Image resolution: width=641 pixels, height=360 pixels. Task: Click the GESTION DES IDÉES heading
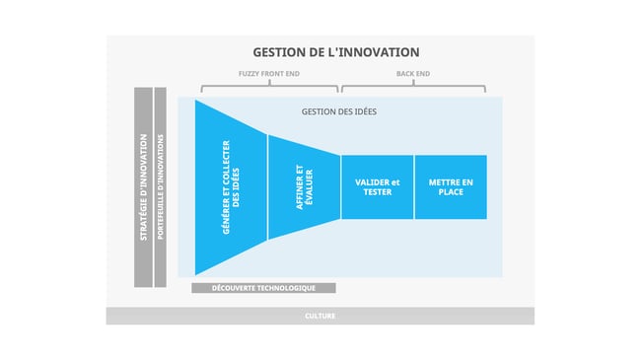[x=338, y=111]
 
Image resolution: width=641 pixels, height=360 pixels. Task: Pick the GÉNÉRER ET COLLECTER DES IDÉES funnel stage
[x=231, y=186]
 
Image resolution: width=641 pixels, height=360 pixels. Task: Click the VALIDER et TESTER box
[x=377, y=186]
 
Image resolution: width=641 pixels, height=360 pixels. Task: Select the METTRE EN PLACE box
[x=450, y=186]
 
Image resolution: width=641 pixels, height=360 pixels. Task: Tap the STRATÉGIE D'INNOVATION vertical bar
[x=143, y=187]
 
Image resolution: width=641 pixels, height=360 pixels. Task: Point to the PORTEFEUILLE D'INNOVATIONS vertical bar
[x=160, y=187]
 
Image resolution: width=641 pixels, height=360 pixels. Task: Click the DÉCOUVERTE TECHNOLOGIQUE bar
[x=263, y=288]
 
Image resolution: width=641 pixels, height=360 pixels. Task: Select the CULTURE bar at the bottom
[x=320, y=316]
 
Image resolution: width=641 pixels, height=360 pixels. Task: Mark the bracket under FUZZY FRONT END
[x=269, y=87]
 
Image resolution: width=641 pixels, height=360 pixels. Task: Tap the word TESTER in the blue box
[x=377, y=191]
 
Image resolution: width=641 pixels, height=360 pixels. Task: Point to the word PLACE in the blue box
[x=450, y=191]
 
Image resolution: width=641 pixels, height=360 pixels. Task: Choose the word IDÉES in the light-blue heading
[x=362, y=111]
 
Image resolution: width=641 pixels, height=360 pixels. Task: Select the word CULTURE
[x=320, y=316]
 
